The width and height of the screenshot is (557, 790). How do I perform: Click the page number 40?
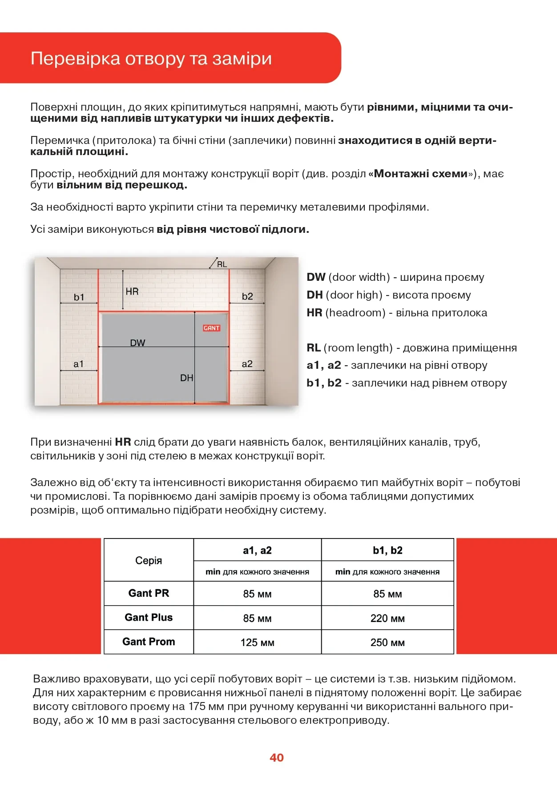click(x=276, y=758)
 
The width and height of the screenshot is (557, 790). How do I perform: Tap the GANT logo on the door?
click(x=212, y=328)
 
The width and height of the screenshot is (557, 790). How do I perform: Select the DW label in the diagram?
click(x=137, y=343)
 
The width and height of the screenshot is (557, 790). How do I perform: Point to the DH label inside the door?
click(x=186, y=378)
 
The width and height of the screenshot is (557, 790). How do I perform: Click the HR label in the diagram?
click(x=132, y=291)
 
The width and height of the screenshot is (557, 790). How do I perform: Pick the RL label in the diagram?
click(x=222, y=264)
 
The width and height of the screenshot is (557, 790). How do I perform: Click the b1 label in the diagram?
click(x=79, y=297)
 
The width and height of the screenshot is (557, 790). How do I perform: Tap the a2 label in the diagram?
click(x=247, y=364)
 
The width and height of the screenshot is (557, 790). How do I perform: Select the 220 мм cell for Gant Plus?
click(x=387, y=618)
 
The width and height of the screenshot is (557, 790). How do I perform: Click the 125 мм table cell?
click(x=257, y=642)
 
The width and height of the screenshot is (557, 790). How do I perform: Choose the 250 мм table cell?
click(x=387, y=642)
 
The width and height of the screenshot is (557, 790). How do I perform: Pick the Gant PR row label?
click(x=149, y=593)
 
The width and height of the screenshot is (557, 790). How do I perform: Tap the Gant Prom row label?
click(x=149, y=642)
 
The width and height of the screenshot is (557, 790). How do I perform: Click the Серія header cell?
click(x=149, y=560)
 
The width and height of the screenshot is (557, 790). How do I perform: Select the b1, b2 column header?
click(x=387, y=551)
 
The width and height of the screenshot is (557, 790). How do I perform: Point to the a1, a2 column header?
click(x=257, y=551)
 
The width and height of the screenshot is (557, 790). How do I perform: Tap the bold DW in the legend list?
click(x=316, y=277)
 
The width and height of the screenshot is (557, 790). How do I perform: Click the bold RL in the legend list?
click(x=314, y=348)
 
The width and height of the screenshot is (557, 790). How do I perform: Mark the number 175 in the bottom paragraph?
click(x=198, y=706)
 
